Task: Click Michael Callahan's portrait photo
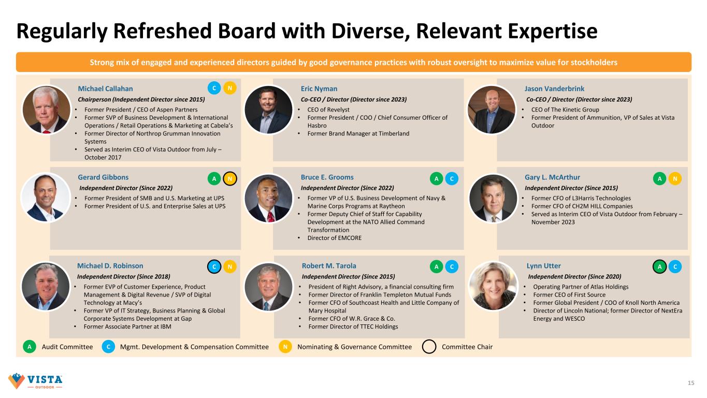(47, 109)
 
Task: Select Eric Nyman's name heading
(319, 89)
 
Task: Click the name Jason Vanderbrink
(554, 89)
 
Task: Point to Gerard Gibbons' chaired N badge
(230, 178)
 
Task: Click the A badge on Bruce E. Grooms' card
(437, 178)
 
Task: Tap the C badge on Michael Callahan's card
(214, 89)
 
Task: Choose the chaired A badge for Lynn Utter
(659, 266)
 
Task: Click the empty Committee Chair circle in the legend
(429, 347)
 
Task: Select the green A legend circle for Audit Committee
(30, 347)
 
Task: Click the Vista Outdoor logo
(35, 381)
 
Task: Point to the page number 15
(690, 383)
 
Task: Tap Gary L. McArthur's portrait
(493, 197)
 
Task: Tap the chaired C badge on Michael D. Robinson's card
(214, 266)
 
